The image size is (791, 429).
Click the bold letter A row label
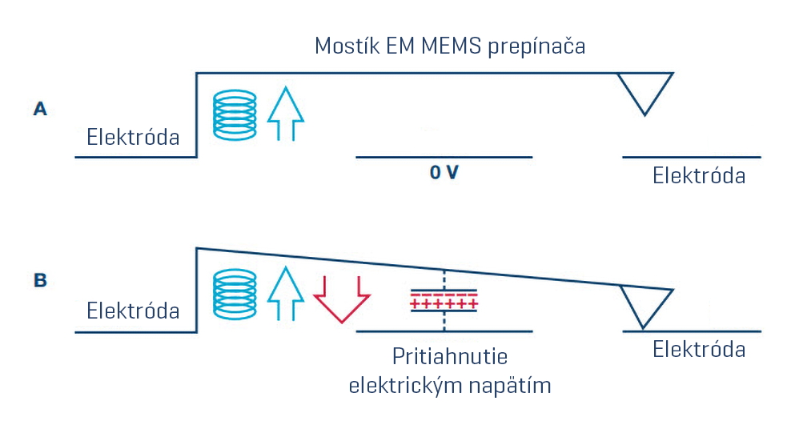(x=40, y=109)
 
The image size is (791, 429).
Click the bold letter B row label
(x=40, y=281)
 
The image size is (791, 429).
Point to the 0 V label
(x=444, y=173)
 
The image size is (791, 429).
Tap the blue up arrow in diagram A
(x=286, y=114)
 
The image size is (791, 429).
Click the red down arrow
(x=341, y=298)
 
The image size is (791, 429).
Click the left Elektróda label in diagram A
(x=133, y=137)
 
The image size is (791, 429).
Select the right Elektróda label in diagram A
(x=699, y=175)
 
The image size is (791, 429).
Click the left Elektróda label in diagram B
(x=133, y=310)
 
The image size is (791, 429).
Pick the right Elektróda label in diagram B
(x=699, y=349)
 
